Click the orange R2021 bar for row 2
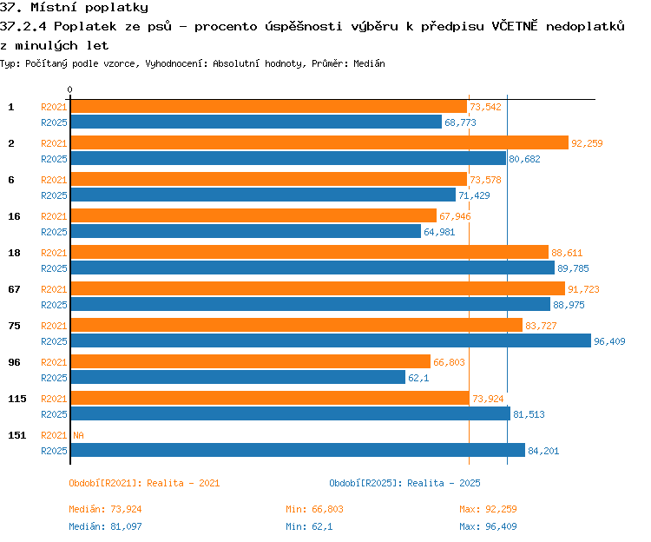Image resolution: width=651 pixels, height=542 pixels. [x=319, y=142]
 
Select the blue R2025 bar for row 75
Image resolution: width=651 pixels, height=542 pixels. [x=331, y=340]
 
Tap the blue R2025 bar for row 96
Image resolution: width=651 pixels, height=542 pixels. [x=238, y=377]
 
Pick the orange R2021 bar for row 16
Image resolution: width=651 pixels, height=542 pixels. [x=253, y=215]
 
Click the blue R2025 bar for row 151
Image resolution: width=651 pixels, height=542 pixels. [x=298, y=450]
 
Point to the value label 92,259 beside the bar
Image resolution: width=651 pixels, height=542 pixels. [x=587, y=143]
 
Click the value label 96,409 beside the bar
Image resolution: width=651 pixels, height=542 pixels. [x=609, y=341]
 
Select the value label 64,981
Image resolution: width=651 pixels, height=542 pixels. [x=439, y=232]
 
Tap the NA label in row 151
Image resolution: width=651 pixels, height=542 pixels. [x=78, y=435]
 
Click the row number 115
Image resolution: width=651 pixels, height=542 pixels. [x=17, y=399]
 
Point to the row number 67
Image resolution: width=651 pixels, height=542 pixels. [x=14, y=289]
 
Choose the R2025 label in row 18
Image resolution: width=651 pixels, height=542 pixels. [x=54, y=268]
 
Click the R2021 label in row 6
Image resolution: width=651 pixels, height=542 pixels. [x=54, y=180]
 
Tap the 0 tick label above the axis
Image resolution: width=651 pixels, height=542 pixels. [x=69, y=89]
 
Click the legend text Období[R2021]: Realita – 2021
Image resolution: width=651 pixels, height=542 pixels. [x=144, y=483]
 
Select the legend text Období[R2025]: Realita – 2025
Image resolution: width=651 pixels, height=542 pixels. [x=404, y=483]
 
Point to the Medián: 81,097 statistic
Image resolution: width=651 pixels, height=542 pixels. [x=105, y=526]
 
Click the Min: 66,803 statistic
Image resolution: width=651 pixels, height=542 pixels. [x=315, y=509]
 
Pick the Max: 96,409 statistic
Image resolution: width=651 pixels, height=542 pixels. [x=488, y=526]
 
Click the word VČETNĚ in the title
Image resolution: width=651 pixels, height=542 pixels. [x=515, y=26]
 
